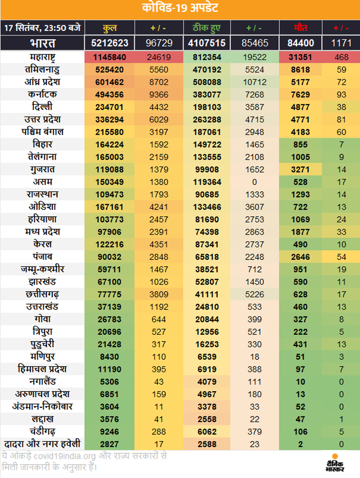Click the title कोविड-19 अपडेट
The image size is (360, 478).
[180, 9]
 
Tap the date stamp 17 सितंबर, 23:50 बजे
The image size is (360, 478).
[42, 27]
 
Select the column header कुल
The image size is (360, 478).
[108, 27]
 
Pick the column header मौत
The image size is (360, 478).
[301, 27]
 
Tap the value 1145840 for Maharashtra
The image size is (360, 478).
[108, 57]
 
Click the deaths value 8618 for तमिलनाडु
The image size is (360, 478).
[301, 69]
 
